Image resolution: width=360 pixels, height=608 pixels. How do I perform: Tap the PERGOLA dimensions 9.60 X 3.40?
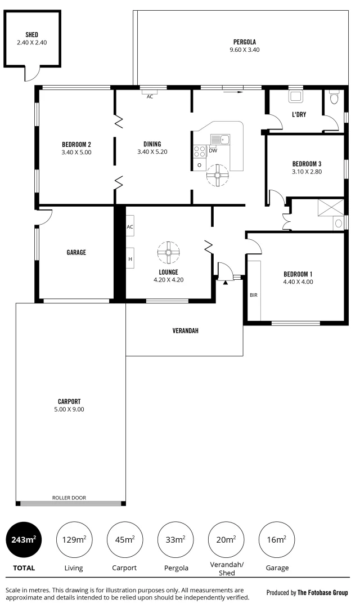pyautogui.click(x=245, y=50)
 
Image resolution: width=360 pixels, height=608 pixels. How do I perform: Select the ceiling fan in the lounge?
pyautogui.click(x=168, y=252)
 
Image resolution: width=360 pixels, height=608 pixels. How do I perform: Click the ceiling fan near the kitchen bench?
pyautogui.click(x=217, y=175)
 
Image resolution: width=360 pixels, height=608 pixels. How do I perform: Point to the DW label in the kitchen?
pyautogui.click(x=213, y=150)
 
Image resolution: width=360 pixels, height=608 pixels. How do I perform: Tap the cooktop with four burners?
pyautogui.click(x=200, y=151)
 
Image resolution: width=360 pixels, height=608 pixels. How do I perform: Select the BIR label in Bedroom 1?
pyautogui.click(x=253, y=294)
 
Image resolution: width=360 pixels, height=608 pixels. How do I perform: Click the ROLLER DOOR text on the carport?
pyautogui.click(x=69, y=498)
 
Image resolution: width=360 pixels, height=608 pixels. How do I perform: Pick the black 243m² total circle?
pyautogui.click(x=23, y=539)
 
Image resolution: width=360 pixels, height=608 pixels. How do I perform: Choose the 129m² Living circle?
pyautogui.click(x=74, y=539)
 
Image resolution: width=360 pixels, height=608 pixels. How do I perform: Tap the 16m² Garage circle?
pyautogui.click(x=276, y=539)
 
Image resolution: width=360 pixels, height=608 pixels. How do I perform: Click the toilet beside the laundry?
pyautogui.click(x=334, y=99)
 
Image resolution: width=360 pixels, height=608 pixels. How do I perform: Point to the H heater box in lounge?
pyautogui.click(x=130, y=259)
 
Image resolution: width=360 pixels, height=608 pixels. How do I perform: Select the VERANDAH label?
pyautogui.click(x=185, y=330)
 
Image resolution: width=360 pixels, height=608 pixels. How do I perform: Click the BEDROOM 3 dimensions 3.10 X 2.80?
pyautogui.click(x=307, y=172)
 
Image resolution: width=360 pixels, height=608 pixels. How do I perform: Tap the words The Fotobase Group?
pyautogui.click(x=322, y=592)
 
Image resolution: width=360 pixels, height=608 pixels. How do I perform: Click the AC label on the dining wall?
pyautogui.click(x=150, y=97)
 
